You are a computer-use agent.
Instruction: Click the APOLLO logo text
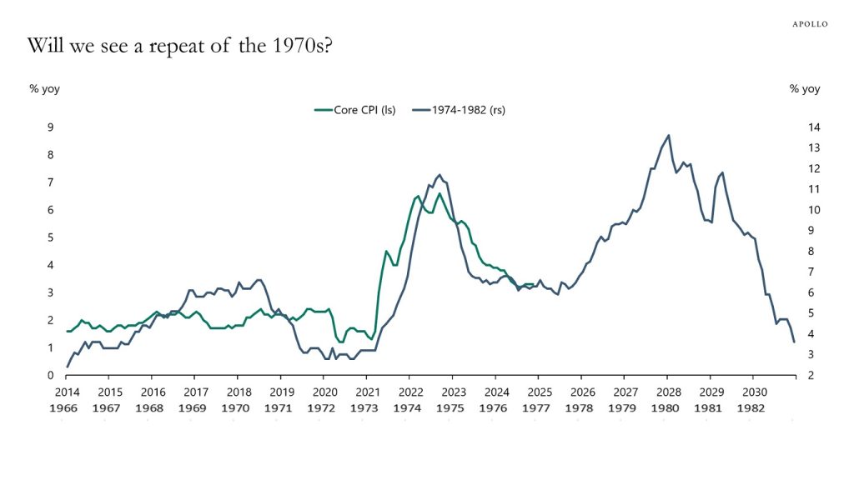pyautogui.click(x=810, y=24)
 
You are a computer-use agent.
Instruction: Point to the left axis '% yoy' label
pyautogui.click(x=44, y=89)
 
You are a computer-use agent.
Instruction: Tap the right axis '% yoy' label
pyautogui.click(x=805, y=89)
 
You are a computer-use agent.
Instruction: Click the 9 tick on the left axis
pyautogui.click(x=50, y=127)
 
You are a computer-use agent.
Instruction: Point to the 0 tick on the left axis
pyautogui.click(x=50, y=376)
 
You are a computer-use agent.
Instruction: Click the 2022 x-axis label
pyautogui.click(x=409, y=392)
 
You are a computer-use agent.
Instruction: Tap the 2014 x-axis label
pyautogui.click(x=67, y=392)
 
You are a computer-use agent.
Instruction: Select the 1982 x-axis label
pyautogui.click(x=753, y=409)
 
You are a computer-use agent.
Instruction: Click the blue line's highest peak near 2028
pyautogui.click(x=668, y=135)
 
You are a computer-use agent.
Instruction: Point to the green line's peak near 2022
pyautogui.click(x=417, y=196)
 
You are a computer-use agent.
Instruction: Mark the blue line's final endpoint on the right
pyautogui.click(x=794, y=342)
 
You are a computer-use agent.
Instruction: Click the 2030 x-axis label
pyautogui.click(x=753, y=392)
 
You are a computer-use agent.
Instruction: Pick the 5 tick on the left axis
pyautogui.click(x=50, y=237)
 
